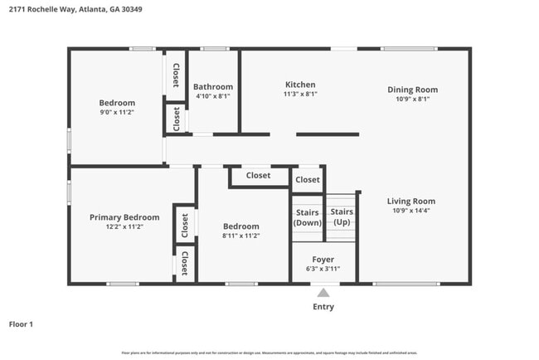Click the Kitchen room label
click(300, 85)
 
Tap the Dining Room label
click(412, 90)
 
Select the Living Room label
click(411, 201)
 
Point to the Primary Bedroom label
click(124, 217)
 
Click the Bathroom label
click(213, 86)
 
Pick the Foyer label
click(323, 260)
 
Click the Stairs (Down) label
click(308, 217)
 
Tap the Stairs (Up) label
click(342, 217)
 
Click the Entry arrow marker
click(323, 292)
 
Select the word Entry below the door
click(323, 307)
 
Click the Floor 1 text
click(21, 324)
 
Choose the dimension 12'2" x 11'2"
click(124, 226)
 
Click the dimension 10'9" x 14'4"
click(411, 210)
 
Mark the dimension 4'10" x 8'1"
click(213, 96)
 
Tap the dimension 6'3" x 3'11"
click(323, 269)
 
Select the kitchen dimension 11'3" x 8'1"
click(300, 94)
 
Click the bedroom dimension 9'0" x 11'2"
click(117, 112)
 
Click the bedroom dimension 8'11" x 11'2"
click(240, 236)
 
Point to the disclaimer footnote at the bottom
click(269, 353)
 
